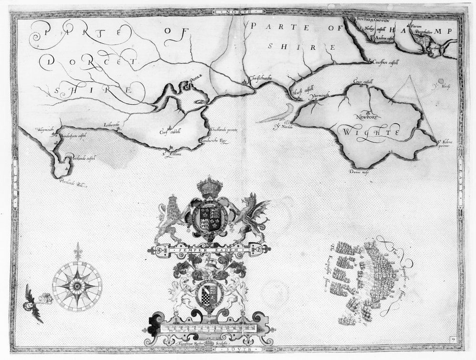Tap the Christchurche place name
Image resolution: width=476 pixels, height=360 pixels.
(x=258, y=79)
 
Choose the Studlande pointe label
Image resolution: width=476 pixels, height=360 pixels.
(x=223, y=130)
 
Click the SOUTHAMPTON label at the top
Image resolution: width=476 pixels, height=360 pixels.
(x=372, y=20)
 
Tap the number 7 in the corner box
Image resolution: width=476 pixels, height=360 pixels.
(x=454, y=339)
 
